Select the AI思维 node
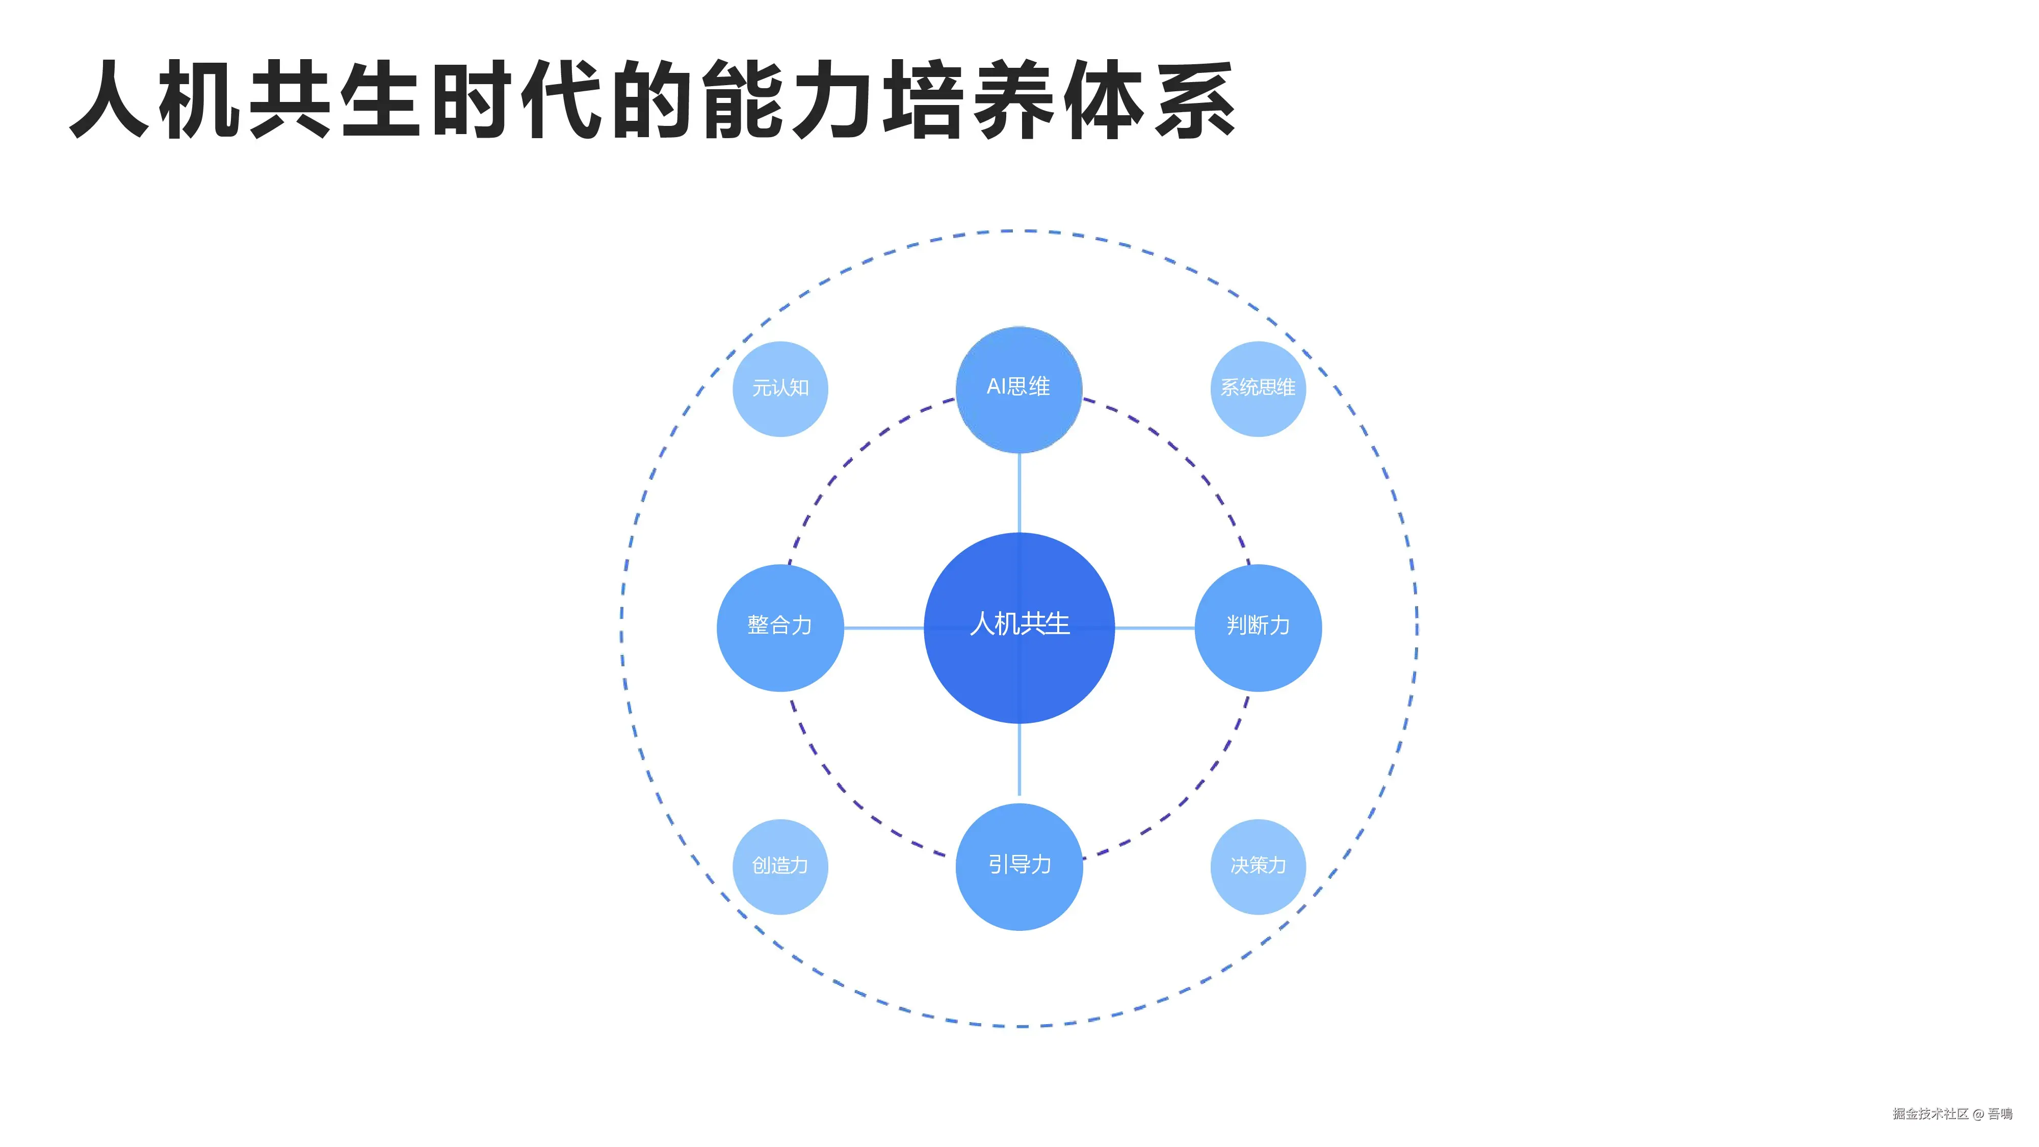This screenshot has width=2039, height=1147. point(1018,388)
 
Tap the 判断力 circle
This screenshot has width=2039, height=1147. point(1258,627)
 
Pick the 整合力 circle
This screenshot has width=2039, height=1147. point(780,627)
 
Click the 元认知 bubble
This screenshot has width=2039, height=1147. point(780,388)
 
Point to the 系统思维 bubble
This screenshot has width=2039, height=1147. point(1258,388)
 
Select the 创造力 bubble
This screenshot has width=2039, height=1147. point(780,866)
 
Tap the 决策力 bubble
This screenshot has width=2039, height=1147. point(1258,866)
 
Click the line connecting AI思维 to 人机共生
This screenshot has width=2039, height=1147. point(1018,492)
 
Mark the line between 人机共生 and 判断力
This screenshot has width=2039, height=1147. point(1154,628)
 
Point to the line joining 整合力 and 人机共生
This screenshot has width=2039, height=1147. point(883,628)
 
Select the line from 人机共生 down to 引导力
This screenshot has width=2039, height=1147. point(1018,760)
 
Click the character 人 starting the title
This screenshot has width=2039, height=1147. point(111,100)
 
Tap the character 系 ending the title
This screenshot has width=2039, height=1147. point(1194,100)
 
